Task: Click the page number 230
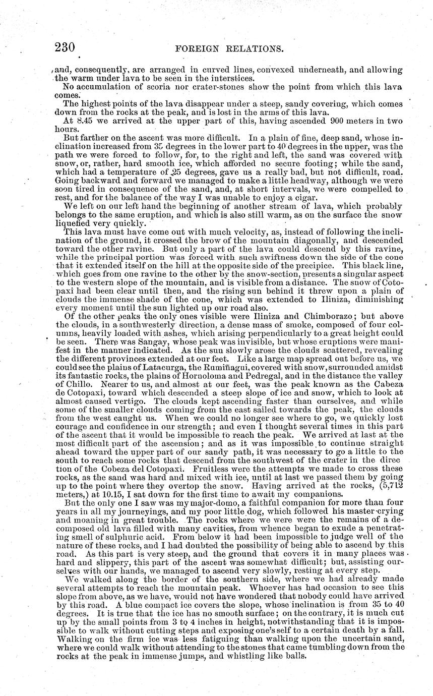(64, 48)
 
